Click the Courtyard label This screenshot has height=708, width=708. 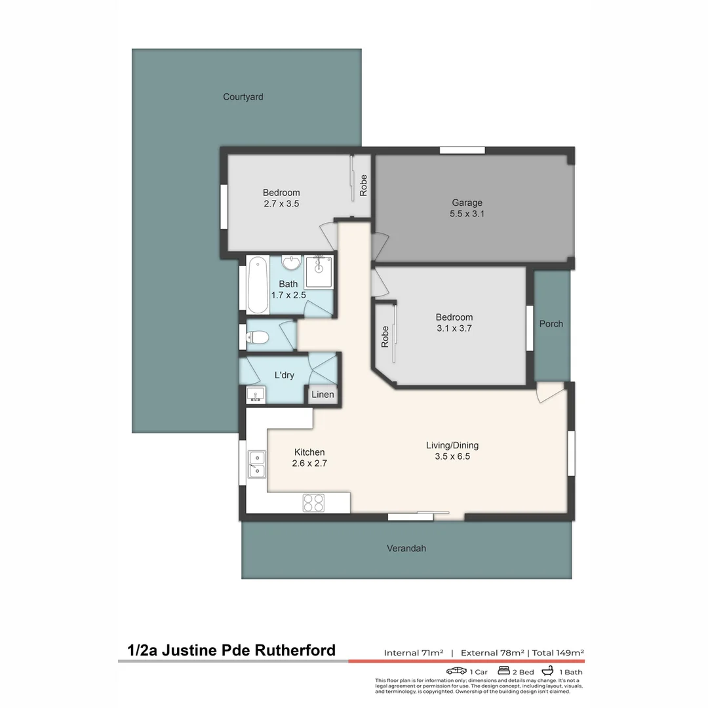(243, 97)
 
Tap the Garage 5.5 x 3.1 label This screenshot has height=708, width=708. (467, 208)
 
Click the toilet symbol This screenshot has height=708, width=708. (258, 338)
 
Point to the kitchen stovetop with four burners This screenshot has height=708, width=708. (313, 503)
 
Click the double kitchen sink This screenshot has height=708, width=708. (256, 463)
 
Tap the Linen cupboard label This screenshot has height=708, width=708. (323, 395)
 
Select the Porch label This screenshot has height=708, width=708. (551, 324)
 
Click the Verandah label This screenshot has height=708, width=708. (406, 548)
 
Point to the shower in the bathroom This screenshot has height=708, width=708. (319, 271)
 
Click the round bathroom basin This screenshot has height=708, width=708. (290, 264)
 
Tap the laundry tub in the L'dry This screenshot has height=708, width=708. (255, 395)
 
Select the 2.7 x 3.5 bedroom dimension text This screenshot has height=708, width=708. (281, 203)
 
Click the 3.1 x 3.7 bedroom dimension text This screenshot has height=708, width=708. (454, 328)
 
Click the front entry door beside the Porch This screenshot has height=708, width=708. (548, 392)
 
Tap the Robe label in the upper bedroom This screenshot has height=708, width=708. (363, 186)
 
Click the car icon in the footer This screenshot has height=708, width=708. (456, 671)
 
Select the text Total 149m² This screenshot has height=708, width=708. (558, 652)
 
